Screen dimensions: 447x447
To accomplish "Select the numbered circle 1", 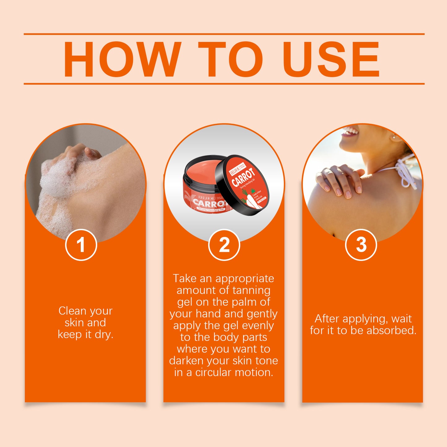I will [81, 245].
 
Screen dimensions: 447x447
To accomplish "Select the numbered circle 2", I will [224, 245].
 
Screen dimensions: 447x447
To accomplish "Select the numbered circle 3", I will [361, 245].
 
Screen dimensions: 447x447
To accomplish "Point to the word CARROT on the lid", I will [243, 177].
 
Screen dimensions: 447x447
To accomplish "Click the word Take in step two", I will [184, 278].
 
